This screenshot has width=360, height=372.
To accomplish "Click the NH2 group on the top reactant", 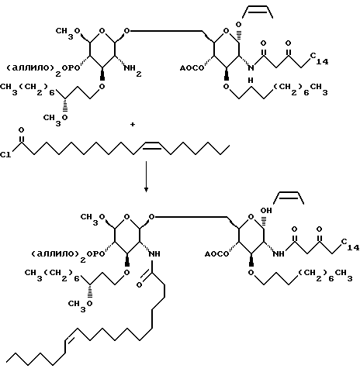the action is pyautogui.click(x=132, y=71).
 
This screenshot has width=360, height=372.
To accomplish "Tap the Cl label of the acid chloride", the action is pyautogui.click(x=5, y=155).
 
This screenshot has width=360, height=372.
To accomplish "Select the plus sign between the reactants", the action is pyautogui.click(x=133, y=125).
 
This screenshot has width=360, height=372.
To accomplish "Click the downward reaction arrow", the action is pyautogui.click(x=146, y=177).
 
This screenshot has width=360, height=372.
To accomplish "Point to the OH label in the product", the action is pyautogui.click(x=266, y=211).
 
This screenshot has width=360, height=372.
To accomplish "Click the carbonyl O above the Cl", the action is pyautogui.click(x=21, y=130).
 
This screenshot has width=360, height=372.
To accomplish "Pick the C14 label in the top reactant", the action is pyautogui.click(x=319, y=59).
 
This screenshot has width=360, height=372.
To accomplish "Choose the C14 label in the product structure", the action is pyautogui.click(x=350, y=245).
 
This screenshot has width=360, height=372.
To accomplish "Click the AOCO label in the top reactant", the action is pyautogui.click(x=192, y=68).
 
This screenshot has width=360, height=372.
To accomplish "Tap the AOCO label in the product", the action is pyautogui.click(x=216, y=254).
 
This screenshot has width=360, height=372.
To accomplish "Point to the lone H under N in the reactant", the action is pyautogui.click(x=251, y=81).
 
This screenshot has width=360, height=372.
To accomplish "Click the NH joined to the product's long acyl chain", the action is pyautogui.click(x=154, y=254).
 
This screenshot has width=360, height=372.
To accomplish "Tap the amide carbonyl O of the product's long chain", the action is pyautogui.click(x=139, y=285).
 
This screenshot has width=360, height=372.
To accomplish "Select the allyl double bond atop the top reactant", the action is pyautogui.click(x=258, y=9).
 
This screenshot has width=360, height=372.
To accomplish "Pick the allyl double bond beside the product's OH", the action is pyautogui.click(x=289, y=195).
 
